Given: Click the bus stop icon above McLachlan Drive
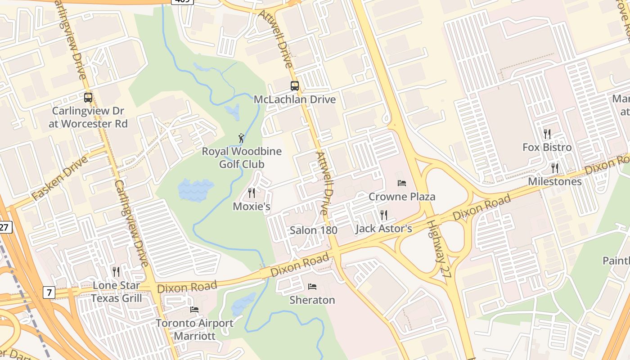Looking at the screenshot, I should tap(295, 85).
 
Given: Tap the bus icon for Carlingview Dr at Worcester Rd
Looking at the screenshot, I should tap(88, 97).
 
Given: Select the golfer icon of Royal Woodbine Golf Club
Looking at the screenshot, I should tap(242, 138).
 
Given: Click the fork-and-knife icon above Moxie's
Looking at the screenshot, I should tap(252, 193).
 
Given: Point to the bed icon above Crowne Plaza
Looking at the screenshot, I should tap(402, 183).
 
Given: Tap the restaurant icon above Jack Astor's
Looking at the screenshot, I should tap(383, 215).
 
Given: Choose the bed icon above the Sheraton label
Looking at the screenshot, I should tap(312, 286).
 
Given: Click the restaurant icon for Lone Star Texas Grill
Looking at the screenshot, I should tap(116, 271).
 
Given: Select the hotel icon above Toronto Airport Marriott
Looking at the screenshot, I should tap(194, 309).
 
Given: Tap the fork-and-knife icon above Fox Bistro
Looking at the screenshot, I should tap(547, 134).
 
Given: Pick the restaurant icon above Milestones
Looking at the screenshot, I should tap(555, 168).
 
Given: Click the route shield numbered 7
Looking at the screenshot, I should tap(49, 292).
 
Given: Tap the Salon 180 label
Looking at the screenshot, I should tap(314, 230).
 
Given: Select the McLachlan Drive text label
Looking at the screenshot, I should tap(295, 99).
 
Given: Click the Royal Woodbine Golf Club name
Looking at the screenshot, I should tap(242, 157).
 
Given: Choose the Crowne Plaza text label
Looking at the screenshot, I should tap(402, 197).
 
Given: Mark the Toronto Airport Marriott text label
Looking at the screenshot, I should tap(194, 329).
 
